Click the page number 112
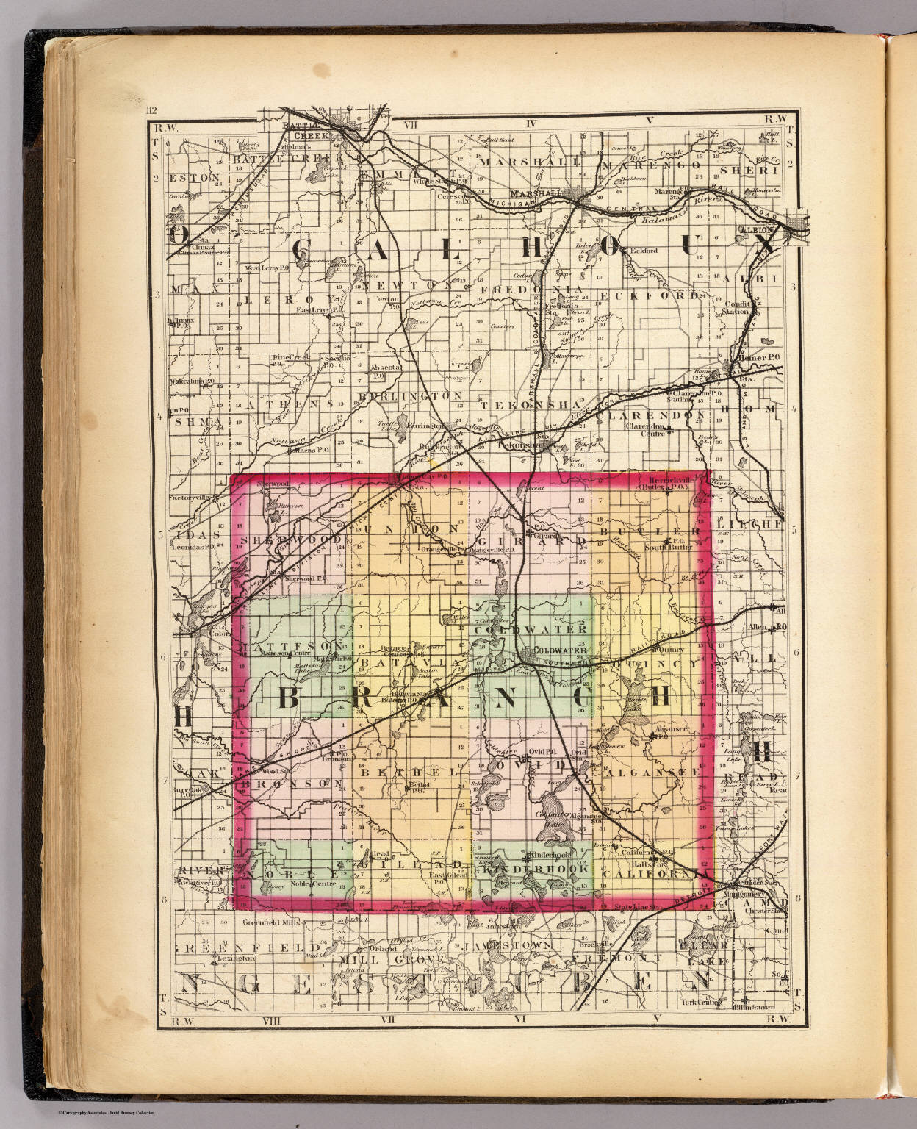tap(152, 112)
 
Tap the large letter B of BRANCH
tap(288, 699)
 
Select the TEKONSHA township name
tap(530, 404)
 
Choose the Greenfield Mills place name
tap(274, 920)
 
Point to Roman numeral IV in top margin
tap(533, 123)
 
